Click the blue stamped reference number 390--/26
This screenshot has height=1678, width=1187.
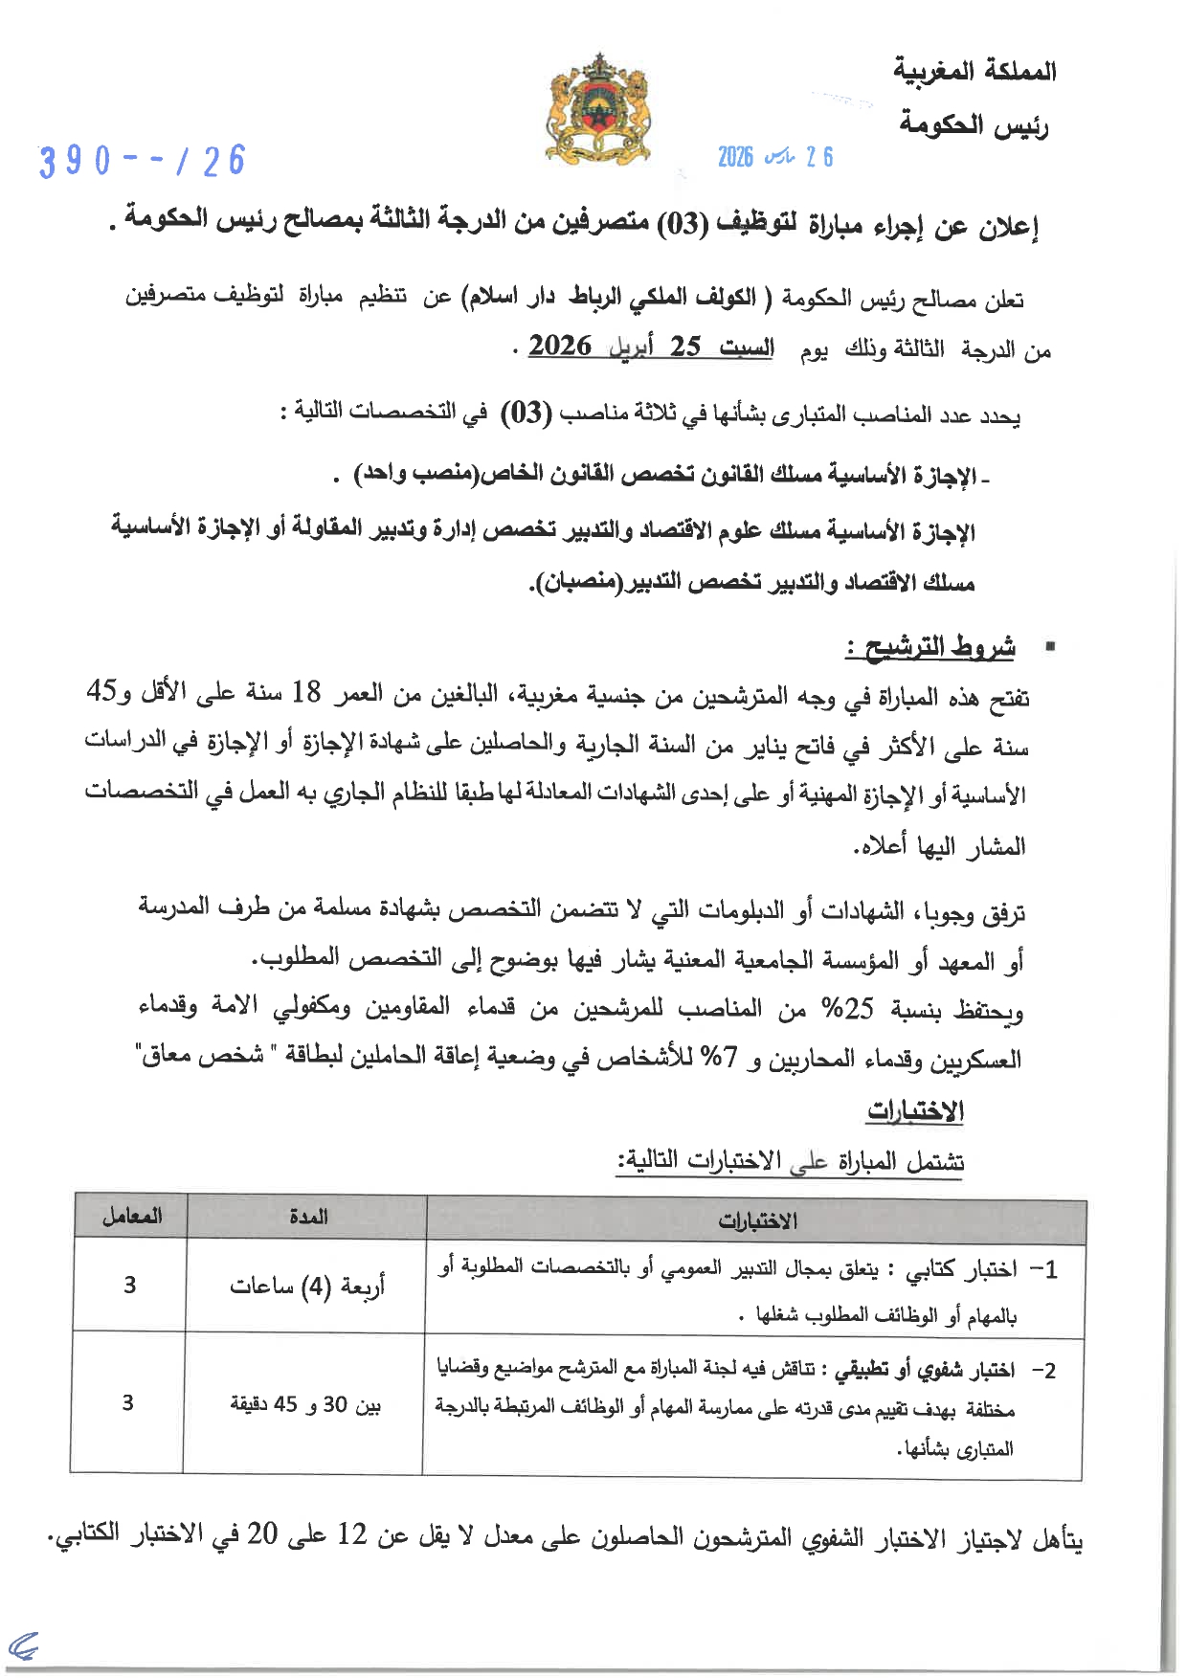(x=143, y=161)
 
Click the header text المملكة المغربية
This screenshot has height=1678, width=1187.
(x=974, y=71)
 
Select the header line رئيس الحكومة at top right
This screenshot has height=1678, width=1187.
(x=974, y=125)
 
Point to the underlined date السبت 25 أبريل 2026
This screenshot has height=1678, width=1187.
(x=651, y=347)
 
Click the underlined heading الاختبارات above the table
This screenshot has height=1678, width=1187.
(x=915, y=1111)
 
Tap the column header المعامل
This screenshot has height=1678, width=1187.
(x=132, y=1217)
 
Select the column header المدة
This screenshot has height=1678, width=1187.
(x=308, y=1217)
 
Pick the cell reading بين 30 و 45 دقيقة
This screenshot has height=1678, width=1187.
(x=305, y=1404)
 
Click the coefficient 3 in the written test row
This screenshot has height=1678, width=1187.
(x=130, y=1286)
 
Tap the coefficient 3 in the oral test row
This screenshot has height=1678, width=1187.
(x=128, y=1403)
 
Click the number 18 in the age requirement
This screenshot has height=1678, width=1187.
(x=306, y=692)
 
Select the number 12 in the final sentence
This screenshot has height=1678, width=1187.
(x=352, y=1534)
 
